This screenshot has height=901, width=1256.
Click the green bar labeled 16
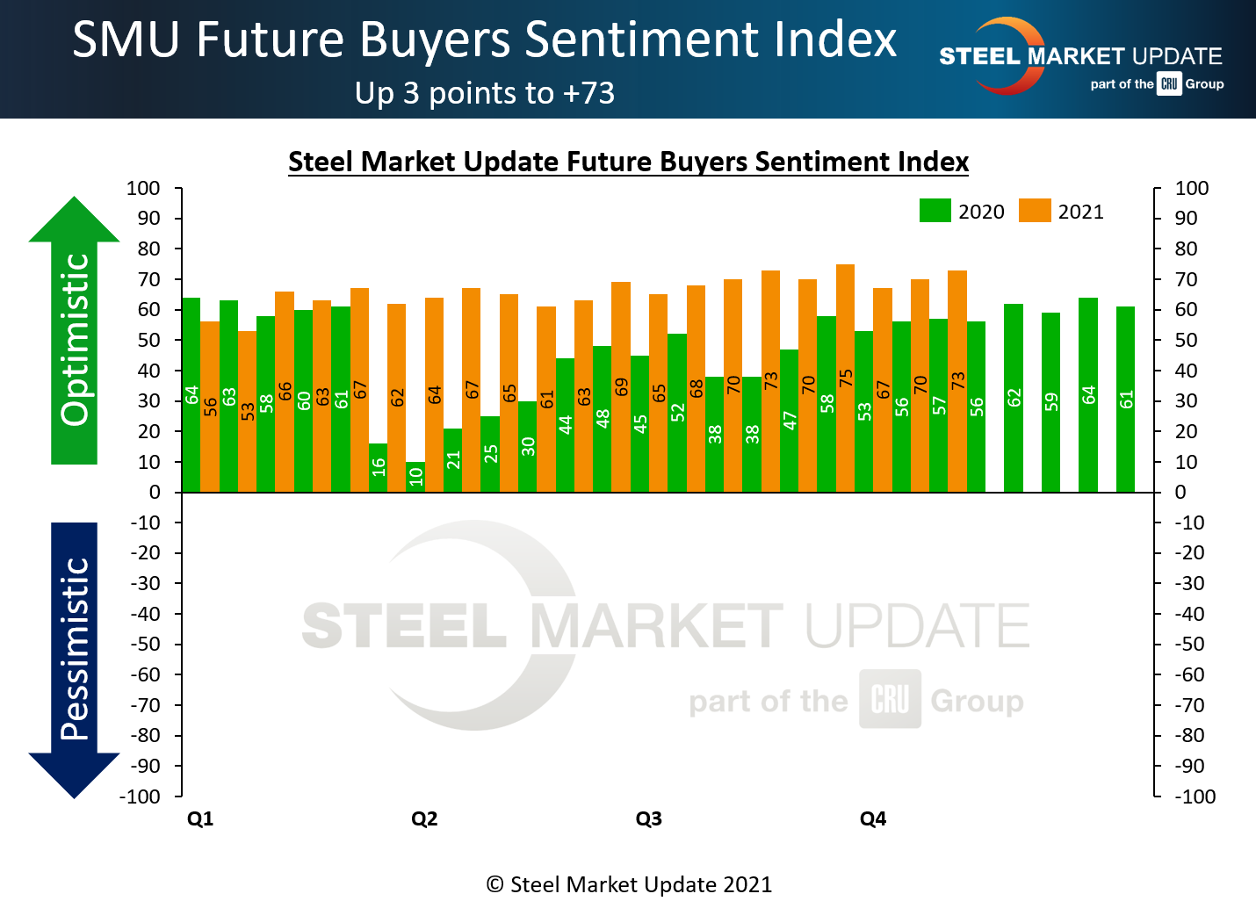tap(378, 468)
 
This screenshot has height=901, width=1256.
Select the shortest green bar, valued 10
tap(415, 477)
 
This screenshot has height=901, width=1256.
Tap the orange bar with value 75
tap(845, 378)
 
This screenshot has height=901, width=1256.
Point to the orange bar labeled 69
tap(621, 386)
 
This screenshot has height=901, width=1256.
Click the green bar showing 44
tap(565, 425)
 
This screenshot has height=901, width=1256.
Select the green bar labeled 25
tap(490, 454)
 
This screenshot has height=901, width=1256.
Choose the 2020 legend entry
tap(962, 212)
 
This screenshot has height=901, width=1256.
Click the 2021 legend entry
tap(1061, 212)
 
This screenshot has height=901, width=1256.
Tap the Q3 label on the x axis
tap(648, 819)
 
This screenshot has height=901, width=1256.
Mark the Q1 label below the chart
tap(200, 819)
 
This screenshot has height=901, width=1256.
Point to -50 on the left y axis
tap(146, 644)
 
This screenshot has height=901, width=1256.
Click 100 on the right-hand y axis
tap(1192, 188)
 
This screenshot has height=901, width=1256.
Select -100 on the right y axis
tap(1195, 796)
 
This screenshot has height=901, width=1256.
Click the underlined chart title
tap(628, 162)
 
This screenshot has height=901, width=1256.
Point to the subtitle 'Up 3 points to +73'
tap(484, 93)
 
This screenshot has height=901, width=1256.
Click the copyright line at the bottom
tap(629, 884)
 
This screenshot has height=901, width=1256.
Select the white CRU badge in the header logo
tap(1168, 84)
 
